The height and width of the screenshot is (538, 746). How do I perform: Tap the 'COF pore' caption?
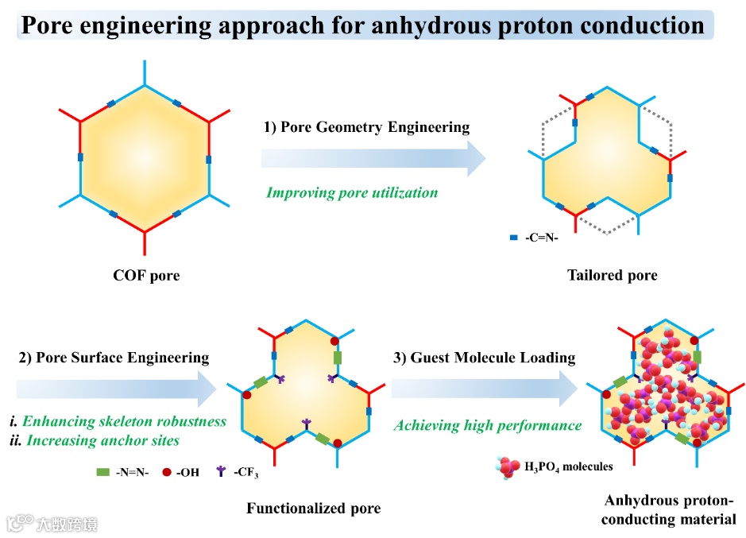pyautogui.click(x=146, y=276)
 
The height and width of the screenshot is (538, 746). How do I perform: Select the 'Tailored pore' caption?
pyautogui.click(x=612, y=275)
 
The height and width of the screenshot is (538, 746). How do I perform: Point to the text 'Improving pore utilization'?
pyautogui.click(x=352, y=192)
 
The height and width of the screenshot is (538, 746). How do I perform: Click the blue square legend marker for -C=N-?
pyautogui.click(x=514, y=238)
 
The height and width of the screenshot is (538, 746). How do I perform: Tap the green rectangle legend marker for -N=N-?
pyautogui.click(x=102, y=472)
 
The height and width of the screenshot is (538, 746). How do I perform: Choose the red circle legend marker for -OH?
pyautogui.click(x=168, y=472)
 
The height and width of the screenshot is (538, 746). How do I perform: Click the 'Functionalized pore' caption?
pyautogui.click(x=313, y=508)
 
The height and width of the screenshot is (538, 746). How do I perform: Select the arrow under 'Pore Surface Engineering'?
pyautogui.click(x=116, y=388)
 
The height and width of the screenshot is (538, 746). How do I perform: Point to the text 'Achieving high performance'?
pyautogui.click(x=488, y=425)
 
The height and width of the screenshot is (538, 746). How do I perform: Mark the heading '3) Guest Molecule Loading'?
pyautogui.click(x=484, y=357)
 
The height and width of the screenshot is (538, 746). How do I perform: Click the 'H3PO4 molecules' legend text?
pyautogui.click(x=568, y=466)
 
